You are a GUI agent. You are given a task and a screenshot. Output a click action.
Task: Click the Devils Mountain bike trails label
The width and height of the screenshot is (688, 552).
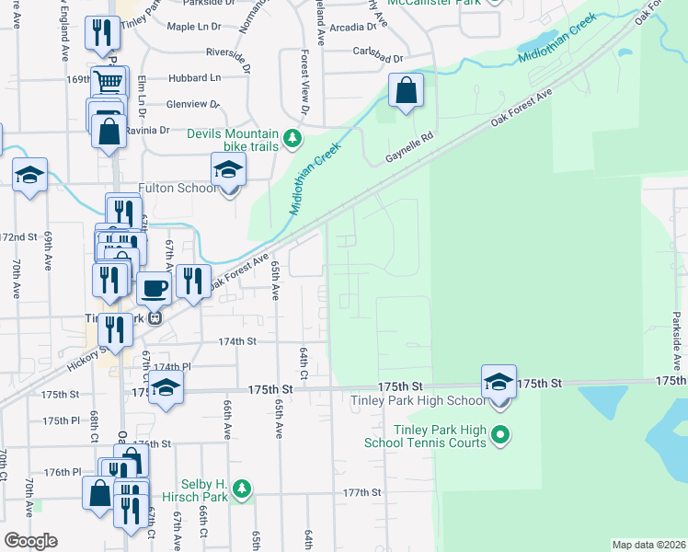[233, 139]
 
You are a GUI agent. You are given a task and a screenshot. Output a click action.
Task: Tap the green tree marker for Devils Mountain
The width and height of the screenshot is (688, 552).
[292, 139]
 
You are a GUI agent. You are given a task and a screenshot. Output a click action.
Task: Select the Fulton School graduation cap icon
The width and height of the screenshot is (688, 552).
[228, 170]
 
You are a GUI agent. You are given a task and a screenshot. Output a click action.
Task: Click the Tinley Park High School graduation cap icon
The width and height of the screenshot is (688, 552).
[499, 382]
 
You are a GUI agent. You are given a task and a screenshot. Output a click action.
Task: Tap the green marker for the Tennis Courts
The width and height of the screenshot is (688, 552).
[500, 434]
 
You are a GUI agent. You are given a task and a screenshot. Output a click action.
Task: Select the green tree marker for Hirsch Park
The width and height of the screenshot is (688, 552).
[241, 488]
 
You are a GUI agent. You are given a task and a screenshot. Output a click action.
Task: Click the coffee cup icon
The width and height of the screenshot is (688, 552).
[154, 288]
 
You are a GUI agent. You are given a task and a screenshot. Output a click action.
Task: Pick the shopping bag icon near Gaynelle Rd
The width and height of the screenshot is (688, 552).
[406, 92]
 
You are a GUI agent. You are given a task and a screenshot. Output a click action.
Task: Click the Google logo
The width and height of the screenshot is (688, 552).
[30, 541]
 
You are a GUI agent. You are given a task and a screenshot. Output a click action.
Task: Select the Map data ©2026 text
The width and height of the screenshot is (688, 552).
[648, 545]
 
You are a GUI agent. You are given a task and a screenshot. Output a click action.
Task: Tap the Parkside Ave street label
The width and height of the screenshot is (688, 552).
[677, 341]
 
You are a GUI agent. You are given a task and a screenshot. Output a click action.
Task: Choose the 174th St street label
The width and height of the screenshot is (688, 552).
[236, 341]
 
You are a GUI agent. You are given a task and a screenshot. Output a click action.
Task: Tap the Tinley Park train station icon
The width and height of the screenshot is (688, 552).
[155, 318]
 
